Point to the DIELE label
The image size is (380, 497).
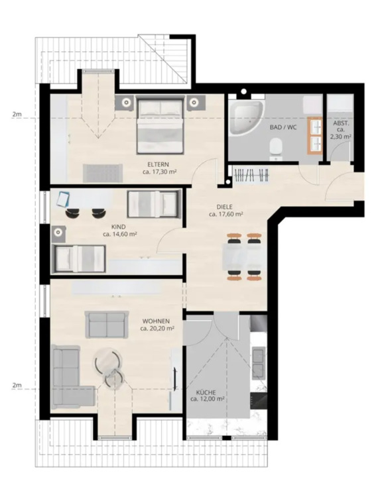pyautogui.click(x=225, y=206)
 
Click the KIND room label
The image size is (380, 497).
pyautogui.click(x=119, y=226)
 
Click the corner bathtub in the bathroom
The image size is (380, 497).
pyautogui.click(x=245, y=120)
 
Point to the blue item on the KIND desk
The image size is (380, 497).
pyautogui.click(x=63, y=197)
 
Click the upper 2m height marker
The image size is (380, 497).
pyautogui.click(x=17, y=115)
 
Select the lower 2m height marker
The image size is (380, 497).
pyautogui.click(x=17, y=386)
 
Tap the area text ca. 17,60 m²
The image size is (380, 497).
pyautogui.click(x=225, y=214)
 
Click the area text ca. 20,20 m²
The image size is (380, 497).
pyautogui.click(x=158, y=328)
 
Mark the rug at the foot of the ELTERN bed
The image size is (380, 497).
pyautogui.click(x=102, y=172)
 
